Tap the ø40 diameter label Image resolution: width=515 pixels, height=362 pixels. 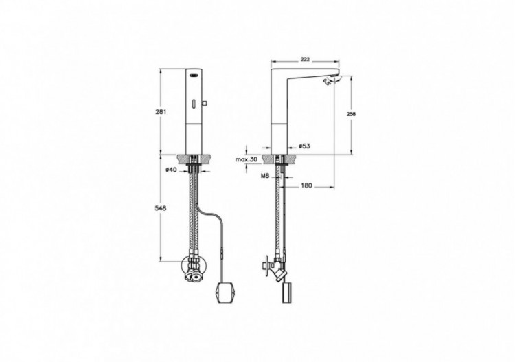coord(171,168)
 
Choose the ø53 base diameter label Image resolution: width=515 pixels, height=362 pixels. coord(304,146)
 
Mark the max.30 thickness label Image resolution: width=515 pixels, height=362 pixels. coord(246,159)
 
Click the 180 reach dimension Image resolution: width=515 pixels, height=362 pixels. coord(306,184)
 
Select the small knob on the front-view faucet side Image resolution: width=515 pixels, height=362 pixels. coord(205,104)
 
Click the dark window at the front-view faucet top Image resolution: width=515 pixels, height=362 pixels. coord(196,76)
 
